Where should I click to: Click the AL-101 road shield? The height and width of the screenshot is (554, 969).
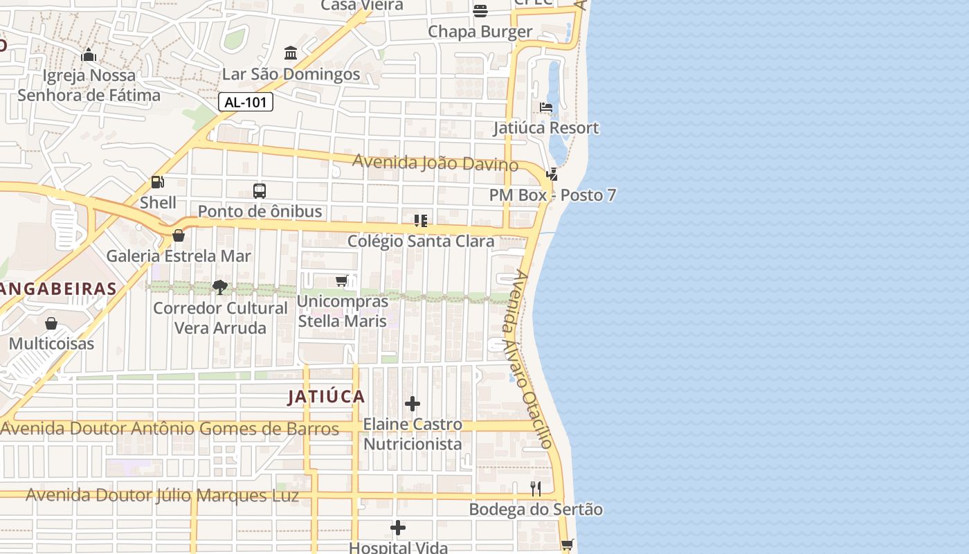[x=246, y=102]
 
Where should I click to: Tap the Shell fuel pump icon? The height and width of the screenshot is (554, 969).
[x=158, y=182]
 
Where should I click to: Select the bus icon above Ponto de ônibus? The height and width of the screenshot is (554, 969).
[x=260, y=190]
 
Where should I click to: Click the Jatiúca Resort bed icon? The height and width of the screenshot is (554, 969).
[x=546, y=107]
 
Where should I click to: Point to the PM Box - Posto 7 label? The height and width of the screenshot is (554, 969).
[x=552, y=195]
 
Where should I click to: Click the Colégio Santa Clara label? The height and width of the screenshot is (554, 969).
[x=421, y=242]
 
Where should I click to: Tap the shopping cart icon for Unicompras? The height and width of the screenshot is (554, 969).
[x=341, y=280]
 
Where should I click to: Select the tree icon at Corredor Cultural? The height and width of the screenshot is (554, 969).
[x=220, y=287]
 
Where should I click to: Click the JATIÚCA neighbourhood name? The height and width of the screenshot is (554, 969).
[x=326, y=397]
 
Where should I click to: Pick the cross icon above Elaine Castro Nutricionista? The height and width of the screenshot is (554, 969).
[x=413, y=404]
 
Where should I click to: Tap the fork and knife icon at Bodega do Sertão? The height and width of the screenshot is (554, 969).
[x=536, y=489]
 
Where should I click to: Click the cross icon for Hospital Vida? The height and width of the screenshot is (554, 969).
[x=398, y=528]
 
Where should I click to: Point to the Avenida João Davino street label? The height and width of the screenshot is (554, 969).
[x=435, y=163]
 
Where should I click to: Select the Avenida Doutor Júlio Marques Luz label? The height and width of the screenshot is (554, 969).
[x=163, y=496]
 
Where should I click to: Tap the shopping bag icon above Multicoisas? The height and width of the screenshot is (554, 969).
[x=51, y=323]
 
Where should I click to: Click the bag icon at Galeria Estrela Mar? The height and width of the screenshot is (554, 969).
[x=179, y=235]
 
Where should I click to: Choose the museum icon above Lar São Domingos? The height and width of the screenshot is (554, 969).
[x=291, y=53]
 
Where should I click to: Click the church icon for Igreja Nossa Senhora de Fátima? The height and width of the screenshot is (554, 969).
[x=89, y=55]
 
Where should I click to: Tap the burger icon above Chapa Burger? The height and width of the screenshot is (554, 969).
[x=480, y=10]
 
